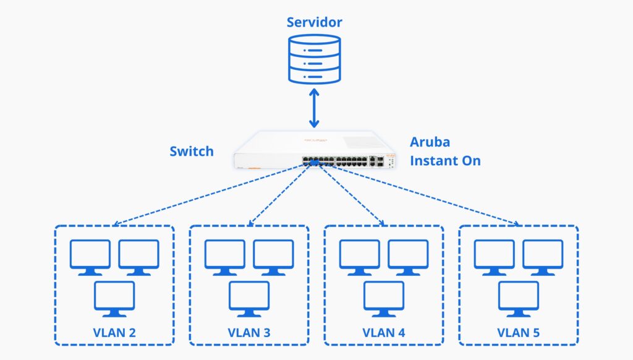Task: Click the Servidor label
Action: click(x=314, y=23)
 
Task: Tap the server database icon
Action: click(x=315, y=59)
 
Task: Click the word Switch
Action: click(x=192, y=152)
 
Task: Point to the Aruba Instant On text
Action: click(x=445, y=152)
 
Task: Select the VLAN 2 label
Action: click(x=114, y=332)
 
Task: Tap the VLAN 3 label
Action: click(x=249, y=332)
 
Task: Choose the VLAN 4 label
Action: click(x=384, y=332)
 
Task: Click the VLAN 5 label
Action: click(x=518, y=332)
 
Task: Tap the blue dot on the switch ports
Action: click(x=313, y=162)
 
